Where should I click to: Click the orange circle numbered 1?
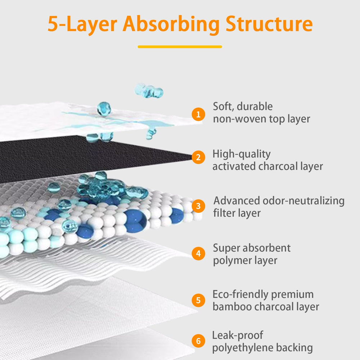point(198,114)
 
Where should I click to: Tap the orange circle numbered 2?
point(198,158)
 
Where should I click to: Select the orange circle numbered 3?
point(198,206)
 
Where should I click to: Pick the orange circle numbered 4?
point(198,254)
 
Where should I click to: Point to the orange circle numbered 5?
point(198,300)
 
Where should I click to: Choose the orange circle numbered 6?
point(198,341)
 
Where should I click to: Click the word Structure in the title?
point(269,24)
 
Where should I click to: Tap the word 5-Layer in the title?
point(82,24)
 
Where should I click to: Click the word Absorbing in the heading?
point(171,24)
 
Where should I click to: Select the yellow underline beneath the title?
point(180,46)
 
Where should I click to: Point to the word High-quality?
point(241,154)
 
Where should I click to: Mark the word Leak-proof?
point(238,336)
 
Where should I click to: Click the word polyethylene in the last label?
point(241,348)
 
